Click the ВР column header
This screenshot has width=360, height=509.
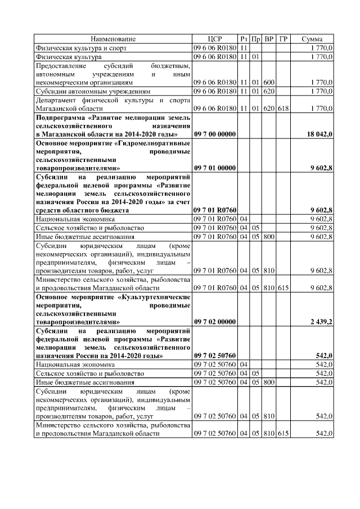[x=269, y=39]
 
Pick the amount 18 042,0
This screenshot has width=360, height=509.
[x=319, y=134]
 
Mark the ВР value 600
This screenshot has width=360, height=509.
[x=269, y=82]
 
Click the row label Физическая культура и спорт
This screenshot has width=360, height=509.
[x=73, y=48]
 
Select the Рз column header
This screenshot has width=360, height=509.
[x=244, y=39]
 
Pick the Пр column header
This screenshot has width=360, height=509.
[x=255, y=39]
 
